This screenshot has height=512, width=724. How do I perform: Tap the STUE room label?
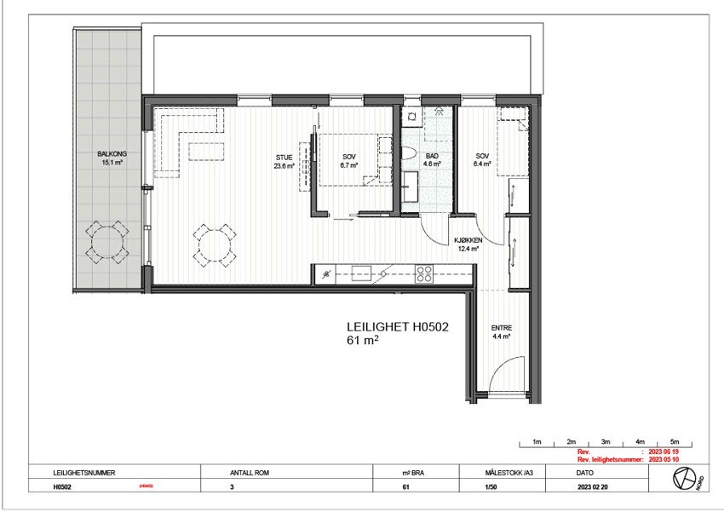click(284, 158)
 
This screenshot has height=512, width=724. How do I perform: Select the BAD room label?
click(432, 157)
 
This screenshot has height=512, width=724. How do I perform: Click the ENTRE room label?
click(501, 328)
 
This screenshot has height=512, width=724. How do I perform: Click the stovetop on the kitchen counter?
click(423, 273)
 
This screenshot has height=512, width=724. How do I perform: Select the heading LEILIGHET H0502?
click(397, 325)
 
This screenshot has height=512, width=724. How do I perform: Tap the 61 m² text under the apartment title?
click(362, 340)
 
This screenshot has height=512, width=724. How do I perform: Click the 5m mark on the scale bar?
click(674, 441)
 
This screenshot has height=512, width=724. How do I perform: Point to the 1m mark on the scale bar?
click(537, 441)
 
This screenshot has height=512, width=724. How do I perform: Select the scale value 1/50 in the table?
click(491, 488)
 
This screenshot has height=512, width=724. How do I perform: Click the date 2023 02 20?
click(595, 488)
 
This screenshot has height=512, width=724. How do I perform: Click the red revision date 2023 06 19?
click(667, 452)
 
